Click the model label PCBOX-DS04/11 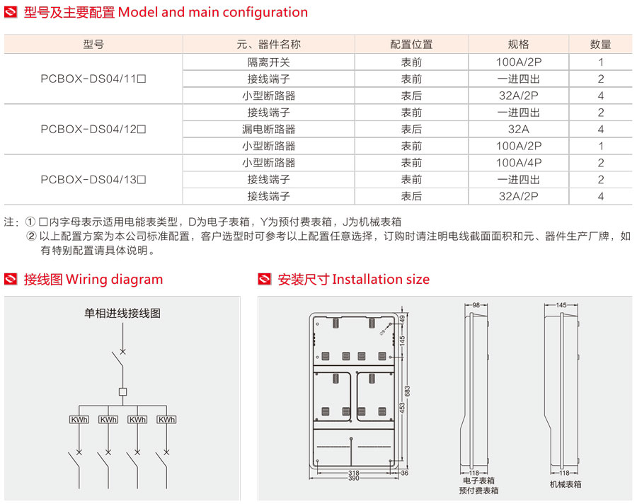pos(93,79)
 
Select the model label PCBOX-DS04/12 pos(93,129)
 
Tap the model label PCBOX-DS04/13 pos(93,179)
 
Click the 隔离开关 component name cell pos(268,62)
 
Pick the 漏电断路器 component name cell pos(268,129)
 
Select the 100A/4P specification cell pos(518,163)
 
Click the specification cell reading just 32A pos(518,129)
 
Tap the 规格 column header pos(518,44)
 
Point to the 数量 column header pos(600,44)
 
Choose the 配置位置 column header pos(411,44)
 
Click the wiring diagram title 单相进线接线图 pos(122,313)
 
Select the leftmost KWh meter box pos(79,420)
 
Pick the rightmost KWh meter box pos(166,420)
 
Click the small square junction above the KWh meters pos(122,391)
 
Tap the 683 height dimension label pos(406,391)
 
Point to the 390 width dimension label pos(353,479)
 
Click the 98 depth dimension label pos(476,305)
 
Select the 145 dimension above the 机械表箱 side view pos(561,305)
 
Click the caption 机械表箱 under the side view pos(565,484)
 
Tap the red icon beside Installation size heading pos(265,280)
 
